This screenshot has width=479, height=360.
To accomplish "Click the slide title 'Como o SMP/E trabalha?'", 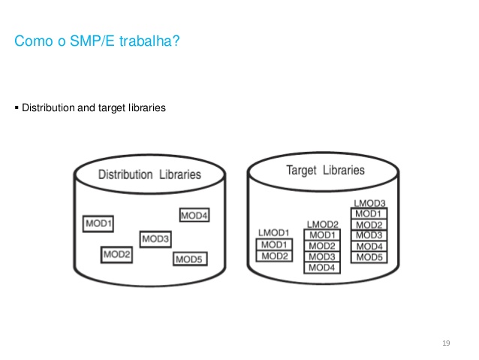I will click(x=97, y=41).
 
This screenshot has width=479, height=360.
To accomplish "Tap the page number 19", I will click(x=446, y=343).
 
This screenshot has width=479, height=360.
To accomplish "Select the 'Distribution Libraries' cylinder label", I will click(x=150, y=174).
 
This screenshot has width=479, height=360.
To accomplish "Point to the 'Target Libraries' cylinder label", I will click(x=325, y=170).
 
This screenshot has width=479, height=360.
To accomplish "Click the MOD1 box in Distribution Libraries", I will click(x=98, y=223).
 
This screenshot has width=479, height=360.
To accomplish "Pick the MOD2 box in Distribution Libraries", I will click(x=117, y=255).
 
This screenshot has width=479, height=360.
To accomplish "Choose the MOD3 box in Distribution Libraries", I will click(x=156, y=239).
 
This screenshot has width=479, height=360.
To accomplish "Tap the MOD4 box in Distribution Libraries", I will click(x=194, y=216).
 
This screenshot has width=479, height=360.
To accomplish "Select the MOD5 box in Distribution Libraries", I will click(x=190, y=259).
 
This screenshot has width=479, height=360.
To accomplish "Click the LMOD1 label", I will click(x=273, y=233).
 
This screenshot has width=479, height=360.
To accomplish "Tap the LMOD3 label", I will click(x=369, y=203).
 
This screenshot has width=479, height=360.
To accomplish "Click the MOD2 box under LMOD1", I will click(x=273, y=256).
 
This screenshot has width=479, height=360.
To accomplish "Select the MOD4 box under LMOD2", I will click(x=321, y=268).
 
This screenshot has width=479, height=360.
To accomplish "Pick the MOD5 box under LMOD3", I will click(x=369, y=257).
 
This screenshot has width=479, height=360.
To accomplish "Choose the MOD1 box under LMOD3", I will click(x=369, y=213).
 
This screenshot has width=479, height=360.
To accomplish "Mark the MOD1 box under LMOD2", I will click(x=321, y=235).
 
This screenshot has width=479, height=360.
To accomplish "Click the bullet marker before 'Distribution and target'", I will click(x=17, y=107).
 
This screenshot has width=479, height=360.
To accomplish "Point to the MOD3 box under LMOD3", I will click(x=369, y=235).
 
